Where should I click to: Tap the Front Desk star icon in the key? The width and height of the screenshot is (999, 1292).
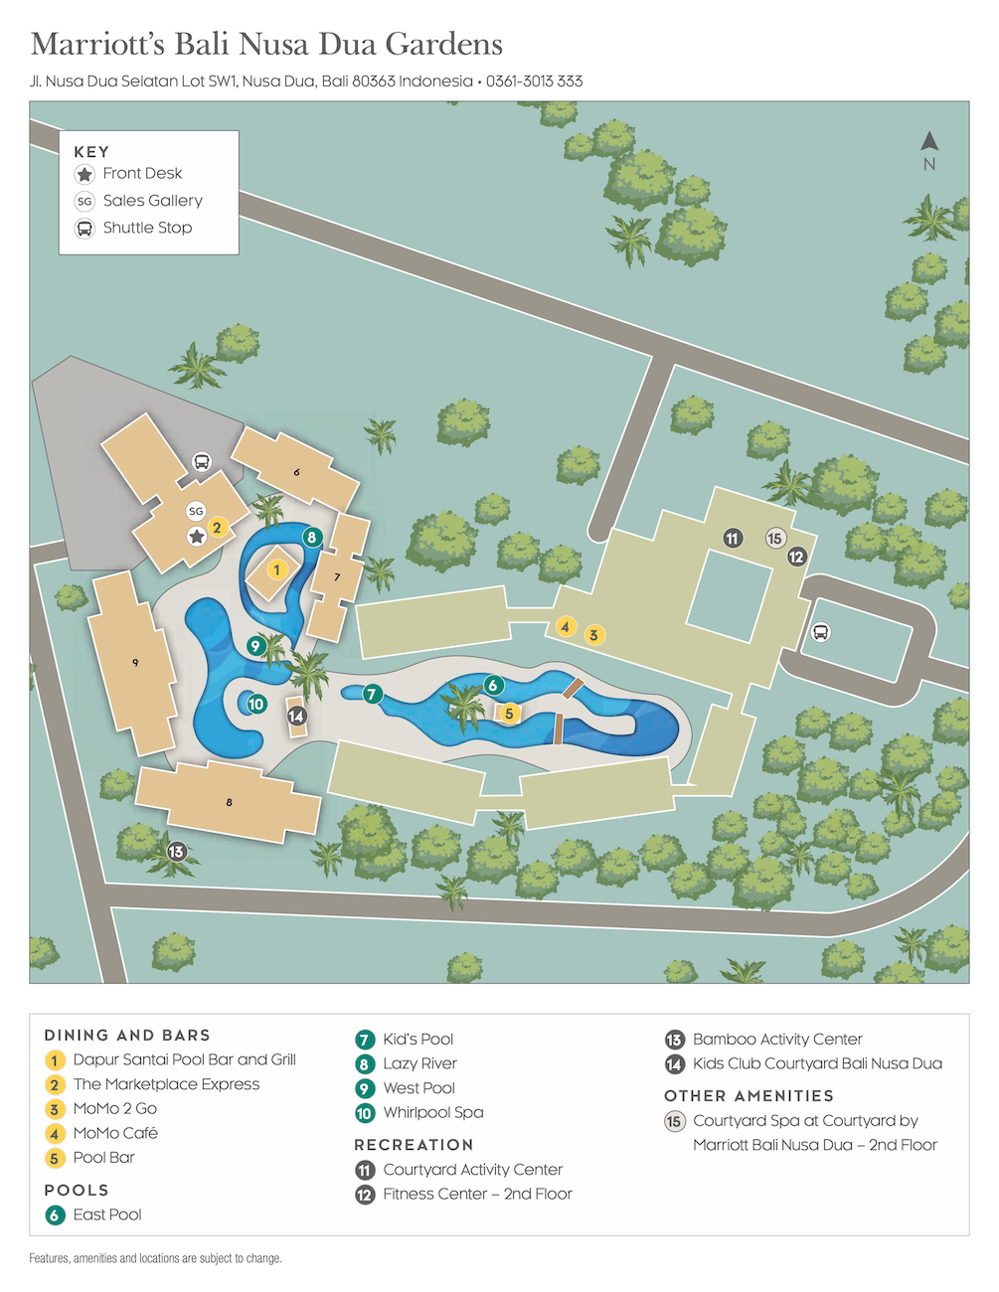pyautogui.click(x=84, y=174)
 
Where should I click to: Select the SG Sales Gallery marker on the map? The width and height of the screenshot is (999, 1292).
pyautogui.click(x=196, y=511)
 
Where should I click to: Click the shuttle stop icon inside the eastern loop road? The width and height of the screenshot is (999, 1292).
pyautogui.click(x=821, y=632)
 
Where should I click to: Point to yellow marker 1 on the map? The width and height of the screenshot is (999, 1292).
pyautogui.click(x=277, y=569)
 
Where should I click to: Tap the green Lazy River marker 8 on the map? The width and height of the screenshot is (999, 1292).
pyautogui.click(x=312, y=538)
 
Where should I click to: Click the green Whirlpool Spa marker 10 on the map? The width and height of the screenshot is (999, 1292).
pyautogui.click(x=256, y=704)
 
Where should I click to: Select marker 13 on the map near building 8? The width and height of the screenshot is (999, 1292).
pyautogui.click(x=176, y=852)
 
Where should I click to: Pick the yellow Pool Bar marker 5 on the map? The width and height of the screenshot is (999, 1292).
pyautogui.click(x=509, y=713)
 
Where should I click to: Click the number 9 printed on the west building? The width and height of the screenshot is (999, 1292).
pyautogui.click(x=135, y=662)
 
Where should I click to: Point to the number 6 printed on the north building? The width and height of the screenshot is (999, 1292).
pyautogui.click(x=296, y=472)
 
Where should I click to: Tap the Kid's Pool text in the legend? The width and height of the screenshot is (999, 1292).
pyautogui.click(x=417, y=1040)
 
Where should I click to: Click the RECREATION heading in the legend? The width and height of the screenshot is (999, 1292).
pyautogui.click(x=414, y=1145)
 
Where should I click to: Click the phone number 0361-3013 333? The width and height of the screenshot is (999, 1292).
pyautogui.click(x=534, y=81)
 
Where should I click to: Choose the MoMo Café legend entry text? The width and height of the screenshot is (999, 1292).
pyautogui.click(x=115, y=1133)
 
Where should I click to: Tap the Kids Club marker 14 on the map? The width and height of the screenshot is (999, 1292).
pyautogui.click(x=296, y=716)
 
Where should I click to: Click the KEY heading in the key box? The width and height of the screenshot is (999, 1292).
pyautogui.click(x=91, y=152)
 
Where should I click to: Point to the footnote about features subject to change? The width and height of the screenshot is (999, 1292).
pyautogui.click(x=155, y=1258)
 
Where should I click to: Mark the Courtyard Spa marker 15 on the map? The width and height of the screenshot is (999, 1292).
pyautogui.click(x=775, y=539)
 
